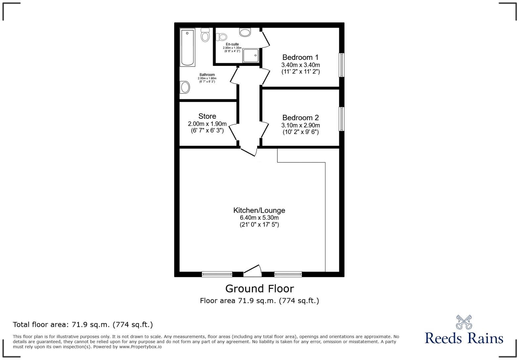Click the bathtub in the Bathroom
click(x=187, y=47)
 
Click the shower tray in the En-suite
click(x=251, y=55)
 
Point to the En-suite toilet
click(x=221, y=37)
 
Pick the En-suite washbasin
click(x=245, y=32)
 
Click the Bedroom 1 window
click(x=341, y=65)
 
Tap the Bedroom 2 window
click(x=341, y=119)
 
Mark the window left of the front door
click(x=217, y=274)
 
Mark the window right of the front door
click(x=288, y=274)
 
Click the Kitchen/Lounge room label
click(x=259, y=210)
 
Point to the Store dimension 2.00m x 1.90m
click(x=207, y=124)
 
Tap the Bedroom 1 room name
click(x=300, y=58)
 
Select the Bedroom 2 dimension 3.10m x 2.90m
click(x=301, y=125)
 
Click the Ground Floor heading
click(x=259, y=289)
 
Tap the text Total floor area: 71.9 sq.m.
click(x=83, y=325)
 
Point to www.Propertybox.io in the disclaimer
click(x=140, y=347)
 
